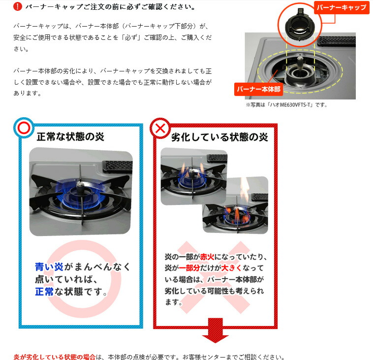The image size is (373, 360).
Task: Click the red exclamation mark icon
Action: (x=18, y=6)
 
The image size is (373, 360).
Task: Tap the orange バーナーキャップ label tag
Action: (x=342, y=7)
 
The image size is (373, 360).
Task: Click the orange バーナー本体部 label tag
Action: (x=258, y=89)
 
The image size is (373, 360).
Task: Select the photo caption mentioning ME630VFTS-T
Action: (x=287, y=105)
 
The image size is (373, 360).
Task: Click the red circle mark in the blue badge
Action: (x=24, y=128)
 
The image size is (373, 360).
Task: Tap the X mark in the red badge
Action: (x=160, y=129)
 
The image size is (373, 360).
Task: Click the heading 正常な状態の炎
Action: (x=70, y=137)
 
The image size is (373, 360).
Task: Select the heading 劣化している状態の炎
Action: (x=219, y=137)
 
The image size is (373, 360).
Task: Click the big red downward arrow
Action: (x=215, y=330)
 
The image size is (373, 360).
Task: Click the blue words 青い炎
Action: (x=49, y=266)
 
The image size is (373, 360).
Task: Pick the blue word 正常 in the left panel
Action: (x=44, y=292)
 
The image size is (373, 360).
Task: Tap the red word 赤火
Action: (x=207, y=257)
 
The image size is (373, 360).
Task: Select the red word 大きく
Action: (x=231, y=268)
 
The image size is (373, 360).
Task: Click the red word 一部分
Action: (x=189, y=268)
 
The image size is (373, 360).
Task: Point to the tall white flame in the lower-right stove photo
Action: (x=245, y=188)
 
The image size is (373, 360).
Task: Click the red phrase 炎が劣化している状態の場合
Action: (x=55, y=357)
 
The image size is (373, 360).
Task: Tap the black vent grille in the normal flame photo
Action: (x=118, y=166)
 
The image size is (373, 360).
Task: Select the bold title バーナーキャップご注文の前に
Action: (x=79, y=7)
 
